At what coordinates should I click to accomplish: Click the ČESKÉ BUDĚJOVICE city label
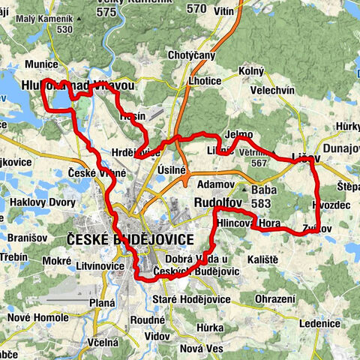(129, 239)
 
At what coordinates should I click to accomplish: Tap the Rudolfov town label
(216, 203)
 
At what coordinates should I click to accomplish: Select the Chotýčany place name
(191, 55)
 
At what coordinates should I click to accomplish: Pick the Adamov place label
(214, 184)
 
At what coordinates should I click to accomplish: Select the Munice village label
(40, 64)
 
